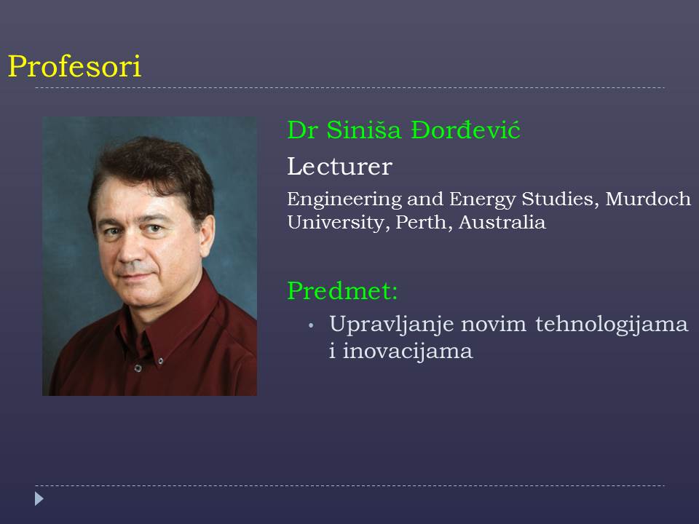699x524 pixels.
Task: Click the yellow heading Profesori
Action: [x=74, y=66]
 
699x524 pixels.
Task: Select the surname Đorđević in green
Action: [x=465, y=130]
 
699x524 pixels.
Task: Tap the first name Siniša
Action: [x=364, y=130]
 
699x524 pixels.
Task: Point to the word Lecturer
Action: [x=340, y=167]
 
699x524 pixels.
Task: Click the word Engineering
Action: [x=344, y=199]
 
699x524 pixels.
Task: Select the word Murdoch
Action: [x=648, y=199]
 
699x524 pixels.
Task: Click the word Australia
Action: [x=502, y=222]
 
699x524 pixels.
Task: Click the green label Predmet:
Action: [x=342, y=291]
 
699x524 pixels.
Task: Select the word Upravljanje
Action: [x=392, y=325]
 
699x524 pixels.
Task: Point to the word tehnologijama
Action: [x=612, y=324]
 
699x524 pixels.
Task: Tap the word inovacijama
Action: [x=408, y=351]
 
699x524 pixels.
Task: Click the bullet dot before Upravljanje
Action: [x=311, y=326]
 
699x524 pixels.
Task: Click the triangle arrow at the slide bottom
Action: [x=39, y=499]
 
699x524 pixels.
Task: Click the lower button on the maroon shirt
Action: [x=138, y=368]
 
